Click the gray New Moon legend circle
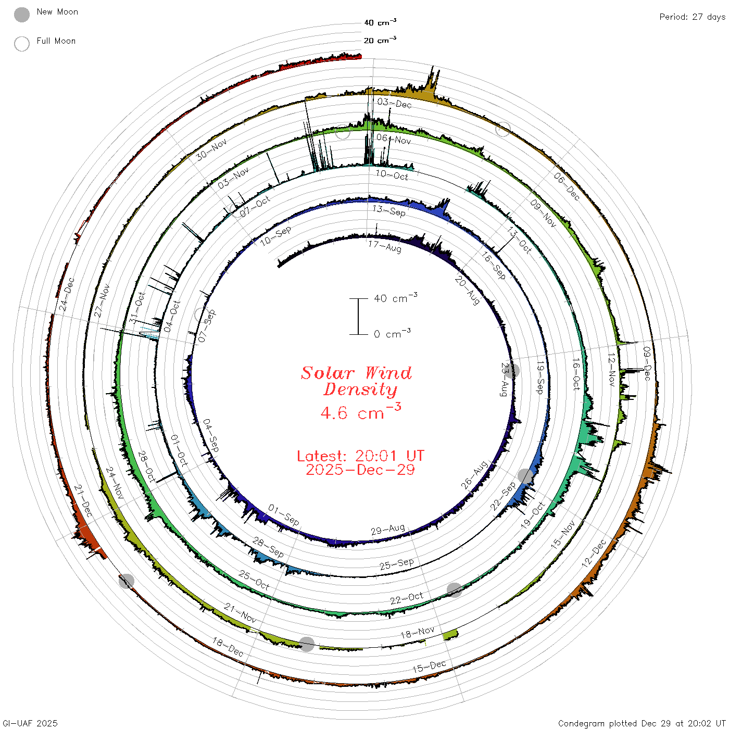click(x=21, y=15)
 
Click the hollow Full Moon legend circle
click(x=21, y=44)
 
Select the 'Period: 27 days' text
click(x=692, y=17)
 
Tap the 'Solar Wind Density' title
click(x=356, y=381)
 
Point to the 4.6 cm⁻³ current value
click(x=360, y=411)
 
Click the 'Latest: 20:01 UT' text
click(x=360, y=456)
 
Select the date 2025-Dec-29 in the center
click(x=360, y=470)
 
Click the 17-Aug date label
click(x=385, y=246)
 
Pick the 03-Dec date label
click(x=394, y=103)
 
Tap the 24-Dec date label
click(x=67, y=294)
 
